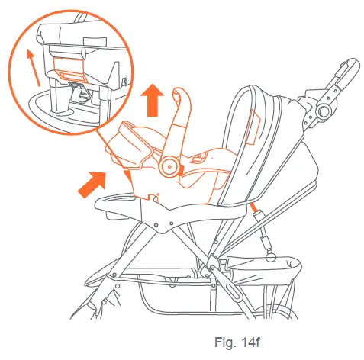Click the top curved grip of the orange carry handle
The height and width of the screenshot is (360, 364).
tap(181, 96)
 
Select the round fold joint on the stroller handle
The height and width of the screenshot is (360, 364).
tap(324, 112)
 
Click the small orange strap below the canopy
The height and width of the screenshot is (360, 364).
tap(253, 208)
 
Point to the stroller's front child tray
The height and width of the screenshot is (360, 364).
tap(122, 207)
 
